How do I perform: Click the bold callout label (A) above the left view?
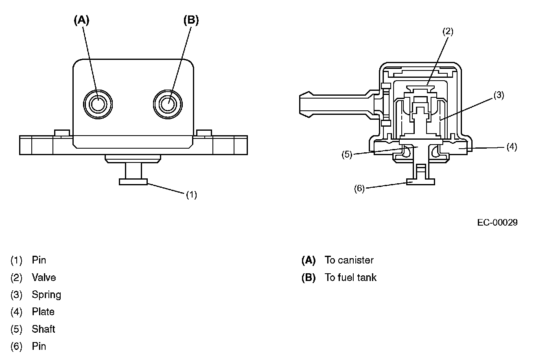pos(81,20)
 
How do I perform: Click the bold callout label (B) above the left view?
pos(191,20)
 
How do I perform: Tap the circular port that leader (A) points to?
pos(97,104)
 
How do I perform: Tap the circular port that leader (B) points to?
pos(167,104)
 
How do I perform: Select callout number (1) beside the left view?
pos(191,195)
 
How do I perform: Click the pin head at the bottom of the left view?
pos(133,182)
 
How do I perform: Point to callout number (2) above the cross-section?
pos(448,31)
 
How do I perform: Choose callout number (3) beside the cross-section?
pos(499,95)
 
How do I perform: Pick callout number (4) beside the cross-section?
pos(512,147)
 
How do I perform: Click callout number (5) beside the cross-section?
pos(347,155)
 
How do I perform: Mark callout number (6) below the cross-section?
pos(359,189)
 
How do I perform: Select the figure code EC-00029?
pos(497,222)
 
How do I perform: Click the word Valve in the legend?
pos(44,277)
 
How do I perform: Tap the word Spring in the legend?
pos(46,294)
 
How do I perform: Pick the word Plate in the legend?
pos(43,312)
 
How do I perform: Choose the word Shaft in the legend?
pos(44,329)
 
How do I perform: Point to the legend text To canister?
pos(349,260)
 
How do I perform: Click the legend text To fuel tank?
pos(350,277)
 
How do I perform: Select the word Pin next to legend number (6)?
pos(39,346)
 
